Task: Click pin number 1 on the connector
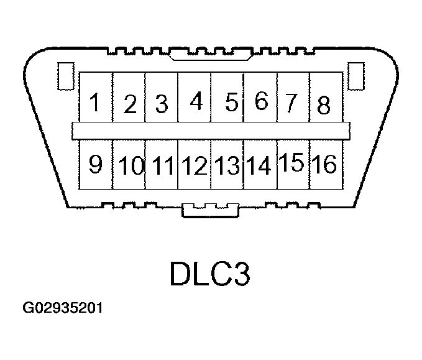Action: point(96,97)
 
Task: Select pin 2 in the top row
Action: point(129,97)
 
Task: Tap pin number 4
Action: point(195,97)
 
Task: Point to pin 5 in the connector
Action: point(227,97)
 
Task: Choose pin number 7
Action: point(293,97)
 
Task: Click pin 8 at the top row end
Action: point(326,97)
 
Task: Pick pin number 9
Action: point(96,164)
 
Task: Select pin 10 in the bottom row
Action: point(129,164)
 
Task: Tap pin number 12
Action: point(195,164)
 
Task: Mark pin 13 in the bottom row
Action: point(227,164)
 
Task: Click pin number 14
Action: point(260,164)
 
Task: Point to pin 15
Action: point(293,164)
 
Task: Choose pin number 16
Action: point(326,164)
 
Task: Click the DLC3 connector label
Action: point(210,274)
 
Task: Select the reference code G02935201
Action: point(63,308)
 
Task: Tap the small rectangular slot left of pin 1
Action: point(66,76)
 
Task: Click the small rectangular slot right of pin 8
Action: point(356,76)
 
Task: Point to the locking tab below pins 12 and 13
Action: point(211,210)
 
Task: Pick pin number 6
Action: point(260,97)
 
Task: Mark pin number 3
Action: point(162,97)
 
